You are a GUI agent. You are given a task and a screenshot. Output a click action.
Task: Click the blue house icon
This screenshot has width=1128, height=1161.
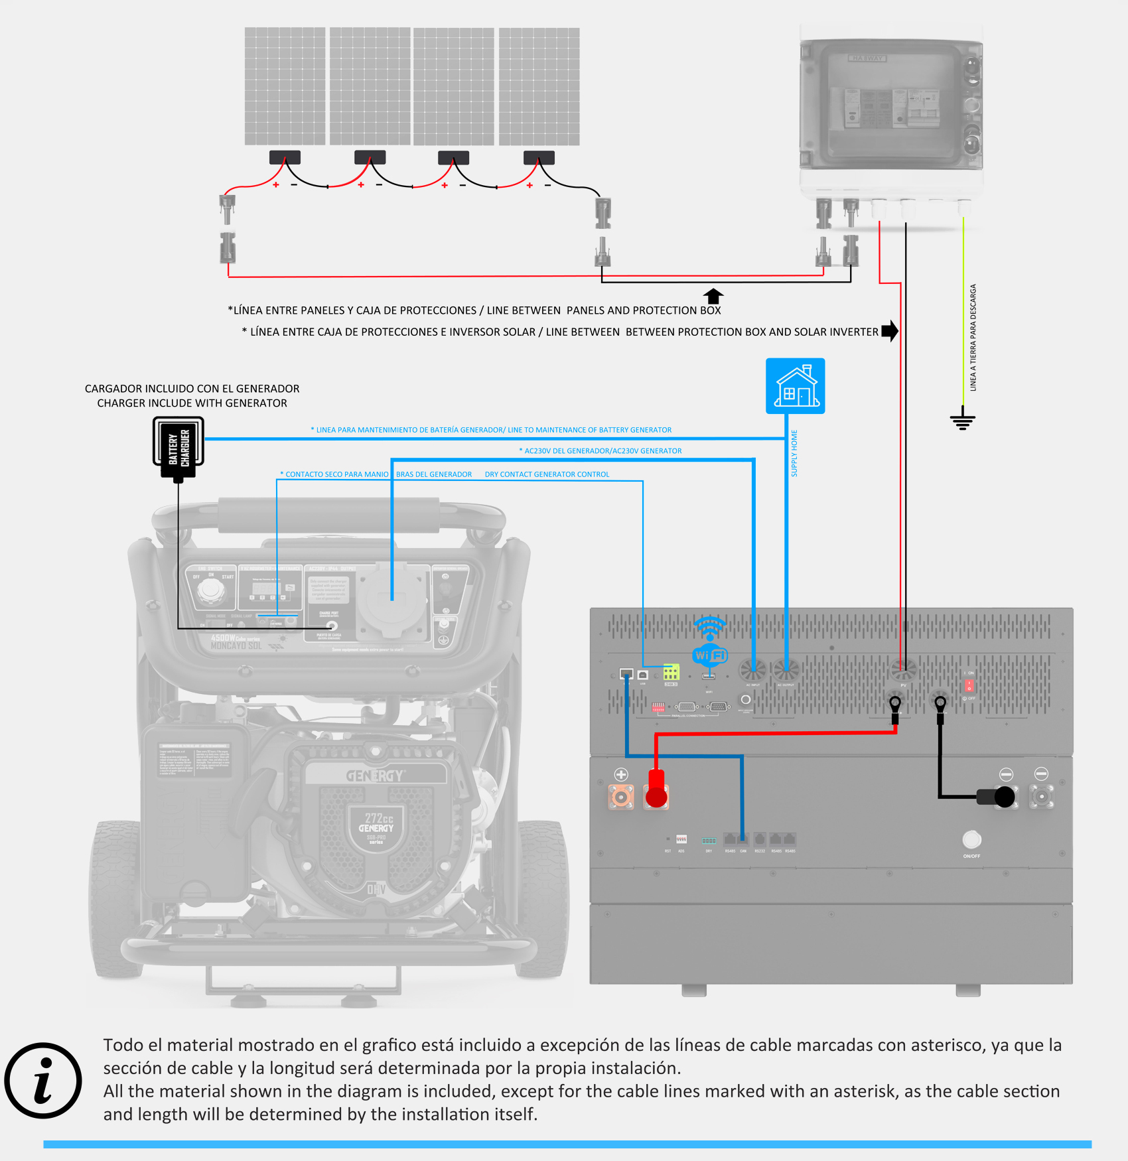[x=795, y=385]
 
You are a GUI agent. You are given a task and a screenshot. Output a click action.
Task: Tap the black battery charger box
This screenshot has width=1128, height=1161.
[x=178, y=447]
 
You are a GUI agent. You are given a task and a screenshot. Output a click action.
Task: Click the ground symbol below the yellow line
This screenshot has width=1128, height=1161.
[x=962, y=420]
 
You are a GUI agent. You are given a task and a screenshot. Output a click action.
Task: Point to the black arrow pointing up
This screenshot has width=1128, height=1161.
[x=713, y=295]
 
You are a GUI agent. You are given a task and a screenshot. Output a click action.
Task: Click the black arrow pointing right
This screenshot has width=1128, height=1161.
[x=890, y=330]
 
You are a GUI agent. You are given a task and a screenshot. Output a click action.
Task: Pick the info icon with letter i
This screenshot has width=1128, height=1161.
[x=43, y=1080]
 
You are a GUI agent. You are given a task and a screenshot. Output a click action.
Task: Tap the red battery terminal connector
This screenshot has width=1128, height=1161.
[x=656, y=789]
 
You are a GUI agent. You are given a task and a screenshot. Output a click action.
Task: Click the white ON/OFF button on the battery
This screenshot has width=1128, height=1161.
[x=971, y=840]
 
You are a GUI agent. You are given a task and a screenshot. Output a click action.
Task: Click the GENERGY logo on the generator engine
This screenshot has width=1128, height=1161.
[x=374, y=776]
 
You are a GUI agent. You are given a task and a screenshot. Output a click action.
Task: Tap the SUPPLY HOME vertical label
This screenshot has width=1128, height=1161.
[x=794, y=453]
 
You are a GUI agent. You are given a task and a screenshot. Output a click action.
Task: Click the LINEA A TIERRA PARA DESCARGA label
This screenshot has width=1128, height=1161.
[x=973, y=338]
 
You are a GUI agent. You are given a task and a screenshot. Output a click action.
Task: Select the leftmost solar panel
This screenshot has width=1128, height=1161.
[x=285, y=86]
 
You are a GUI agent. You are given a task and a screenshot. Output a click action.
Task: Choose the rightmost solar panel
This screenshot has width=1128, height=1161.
[x=539, y=86]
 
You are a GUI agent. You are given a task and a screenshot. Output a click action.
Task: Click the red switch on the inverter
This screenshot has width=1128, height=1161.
[x=969, y=685]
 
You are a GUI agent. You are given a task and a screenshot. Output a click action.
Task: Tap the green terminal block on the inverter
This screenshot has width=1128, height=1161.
[x=671, y=672]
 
